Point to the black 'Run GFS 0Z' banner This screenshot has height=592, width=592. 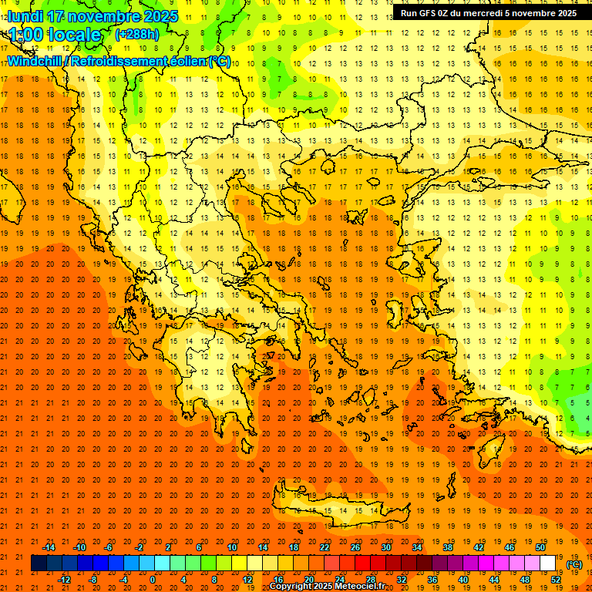click(x=488, y=13)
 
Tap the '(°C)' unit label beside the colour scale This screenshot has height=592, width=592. click(x=574, y=564)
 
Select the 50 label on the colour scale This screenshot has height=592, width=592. click(x=540, y=547)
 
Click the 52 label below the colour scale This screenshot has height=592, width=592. click(x=556, y=580)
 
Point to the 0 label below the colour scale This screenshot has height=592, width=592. click(x=152, y=580)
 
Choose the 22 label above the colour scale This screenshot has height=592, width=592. click(x=325, y=547)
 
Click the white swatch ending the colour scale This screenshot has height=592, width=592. click(x=548, y=563)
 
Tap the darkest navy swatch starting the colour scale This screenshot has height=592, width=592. click(x=39, y=563)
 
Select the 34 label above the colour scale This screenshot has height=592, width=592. click(x=417, y=547)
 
